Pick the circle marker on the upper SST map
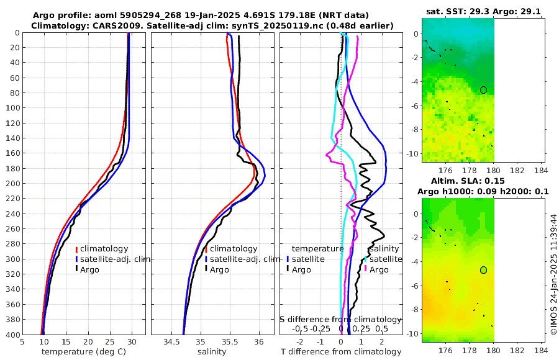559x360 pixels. pos(483,90)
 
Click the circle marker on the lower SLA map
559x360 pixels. pos(483,270)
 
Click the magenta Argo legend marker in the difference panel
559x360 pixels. pos(366,269)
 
